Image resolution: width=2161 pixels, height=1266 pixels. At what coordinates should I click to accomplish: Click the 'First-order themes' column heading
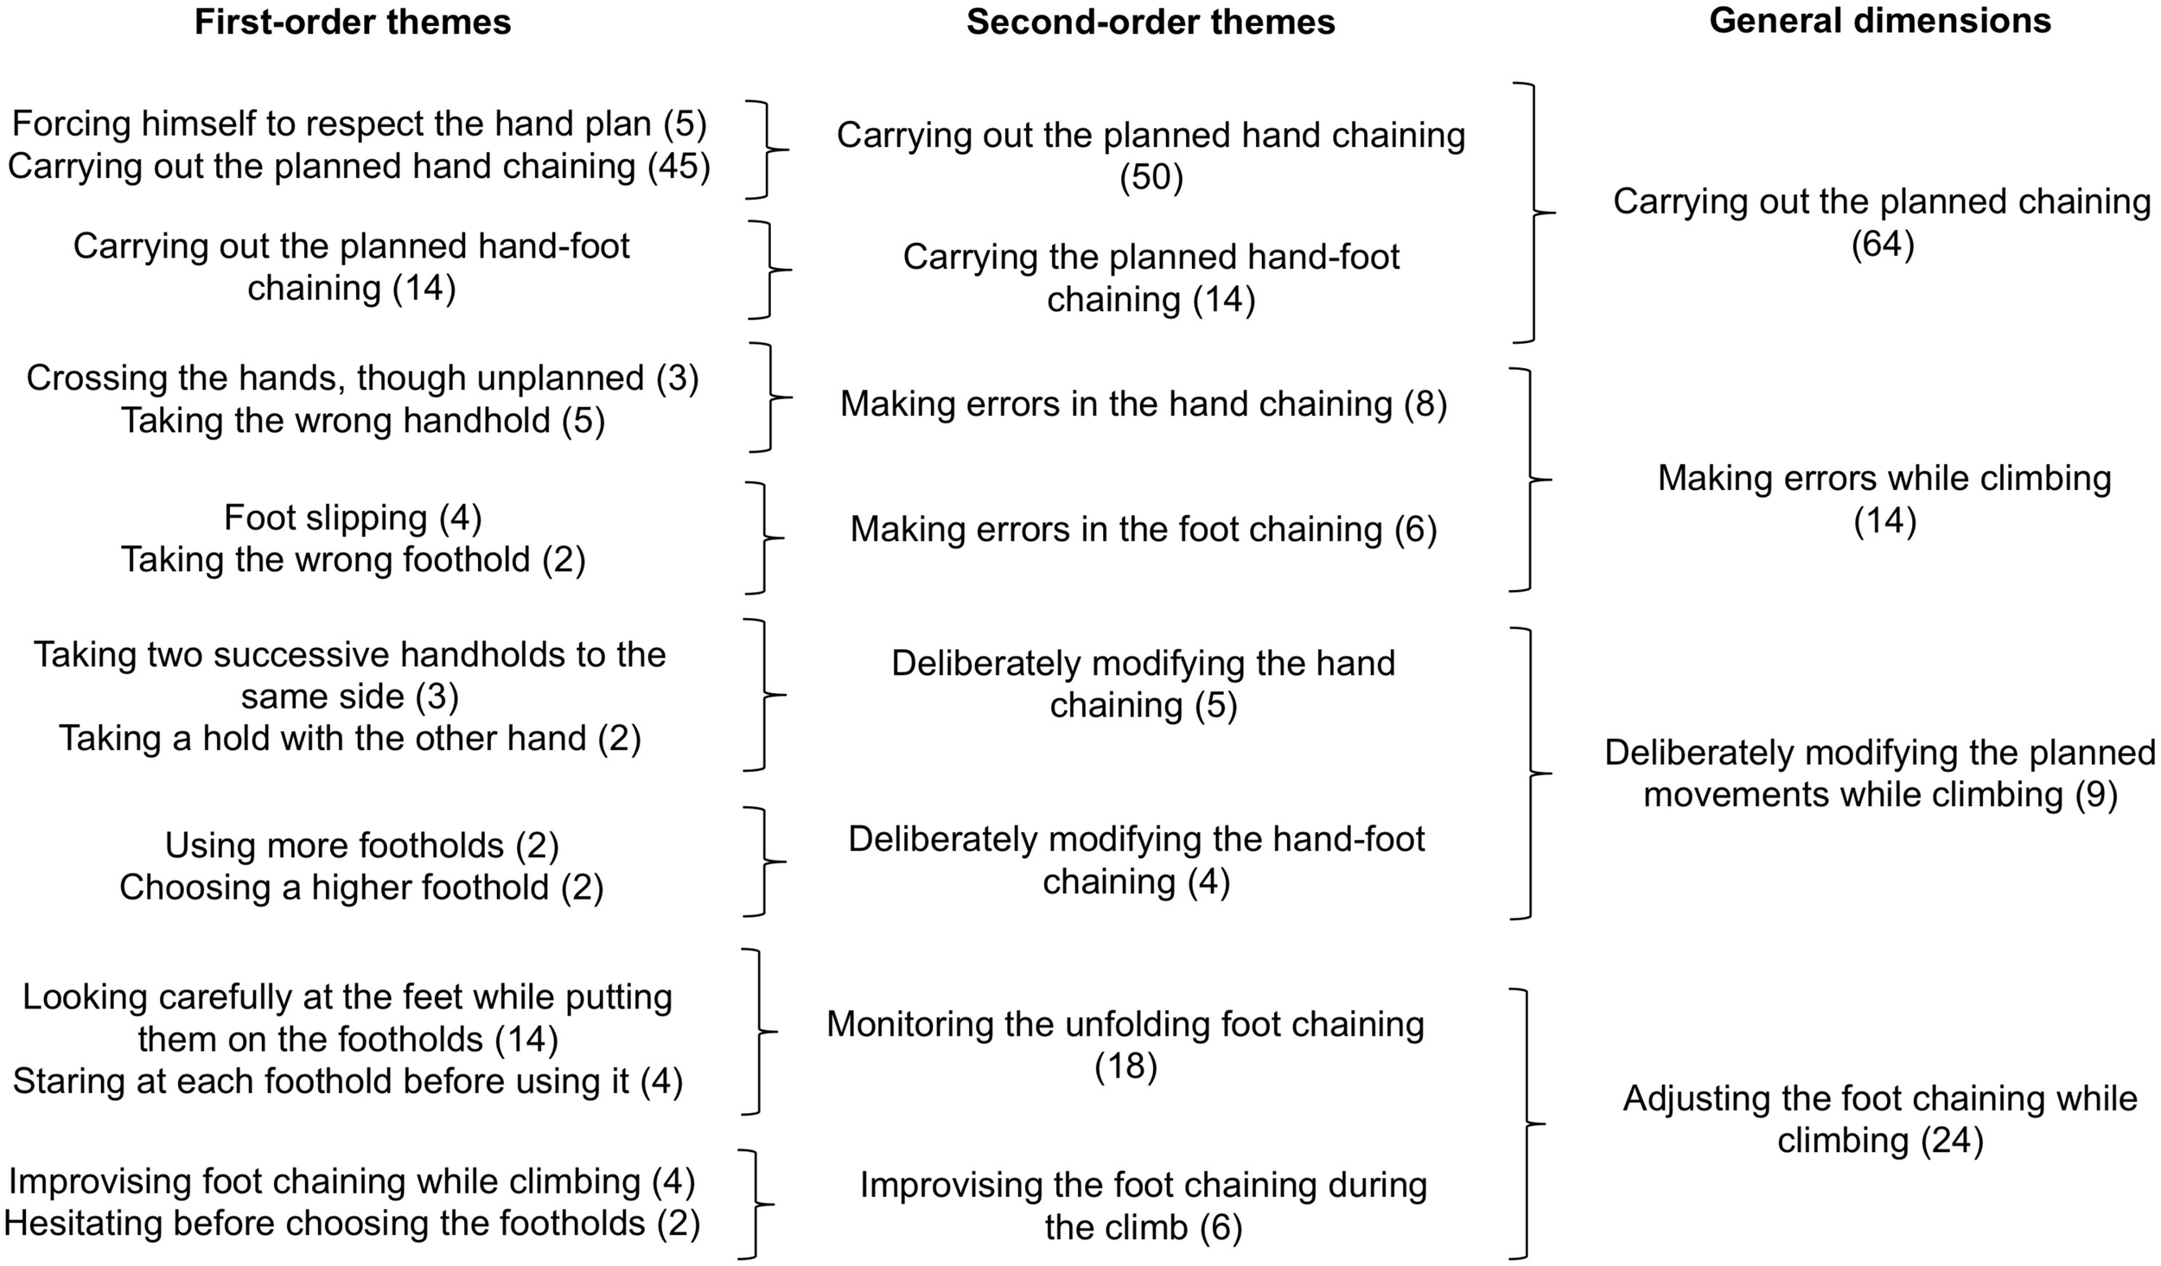353,22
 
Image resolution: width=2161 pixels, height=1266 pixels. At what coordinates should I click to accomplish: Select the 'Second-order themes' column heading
1151,22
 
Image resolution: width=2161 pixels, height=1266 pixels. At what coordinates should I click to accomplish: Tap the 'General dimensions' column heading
1880,21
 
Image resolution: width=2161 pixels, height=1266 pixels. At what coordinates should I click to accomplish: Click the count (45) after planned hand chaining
679,166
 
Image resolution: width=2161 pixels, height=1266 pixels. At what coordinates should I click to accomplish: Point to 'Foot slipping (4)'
353,518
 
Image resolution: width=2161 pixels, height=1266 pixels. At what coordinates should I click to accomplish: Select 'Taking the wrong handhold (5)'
362,421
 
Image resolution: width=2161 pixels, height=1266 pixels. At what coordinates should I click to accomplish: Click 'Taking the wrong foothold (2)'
353,560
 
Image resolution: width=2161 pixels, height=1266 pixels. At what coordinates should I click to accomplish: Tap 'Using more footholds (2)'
361,845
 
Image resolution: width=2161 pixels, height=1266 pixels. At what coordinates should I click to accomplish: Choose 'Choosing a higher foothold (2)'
361,887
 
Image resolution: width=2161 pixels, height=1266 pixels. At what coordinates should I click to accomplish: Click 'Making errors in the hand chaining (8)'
1144,404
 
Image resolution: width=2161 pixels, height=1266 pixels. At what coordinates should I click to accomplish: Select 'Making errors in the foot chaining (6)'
1144,530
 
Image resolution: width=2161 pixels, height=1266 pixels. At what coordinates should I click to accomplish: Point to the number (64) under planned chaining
1883,245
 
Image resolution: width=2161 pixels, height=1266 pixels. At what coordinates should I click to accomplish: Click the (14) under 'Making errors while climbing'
1885,522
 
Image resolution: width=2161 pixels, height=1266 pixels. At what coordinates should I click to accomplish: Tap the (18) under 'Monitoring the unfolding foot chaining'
1125,1067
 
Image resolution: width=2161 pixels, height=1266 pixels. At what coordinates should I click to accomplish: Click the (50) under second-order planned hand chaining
1151,178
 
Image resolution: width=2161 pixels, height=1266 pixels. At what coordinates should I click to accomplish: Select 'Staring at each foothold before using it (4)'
347,1082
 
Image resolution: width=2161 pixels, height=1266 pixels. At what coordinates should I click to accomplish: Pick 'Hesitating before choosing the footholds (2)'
351,1224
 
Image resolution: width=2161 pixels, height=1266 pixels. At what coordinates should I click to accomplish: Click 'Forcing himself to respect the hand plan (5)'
359,124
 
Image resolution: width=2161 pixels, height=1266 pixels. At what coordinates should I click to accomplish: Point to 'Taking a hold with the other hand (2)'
349,739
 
